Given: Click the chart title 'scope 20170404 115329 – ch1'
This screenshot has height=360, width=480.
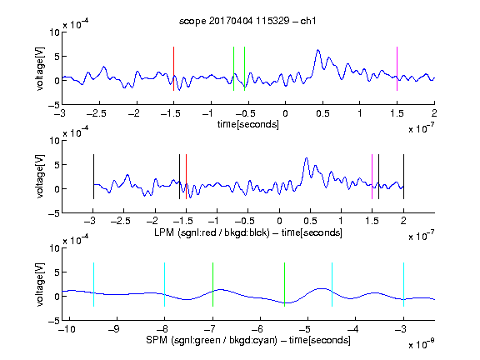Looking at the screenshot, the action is tap(247, 21).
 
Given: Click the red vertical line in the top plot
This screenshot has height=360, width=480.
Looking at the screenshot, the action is tap(173, 68).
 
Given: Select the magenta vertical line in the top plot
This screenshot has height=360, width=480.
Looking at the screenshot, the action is tap(397, 68).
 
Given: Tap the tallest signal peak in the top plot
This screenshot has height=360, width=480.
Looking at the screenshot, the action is tap(318, 50).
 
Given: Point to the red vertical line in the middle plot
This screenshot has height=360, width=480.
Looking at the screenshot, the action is tap(186, 177).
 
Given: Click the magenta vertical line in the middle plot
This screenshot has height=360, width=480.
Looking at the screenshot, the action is tap(372, 177).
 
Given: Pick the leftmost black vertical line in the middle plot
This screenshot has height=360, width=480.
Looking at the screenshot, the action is tap(93, 177).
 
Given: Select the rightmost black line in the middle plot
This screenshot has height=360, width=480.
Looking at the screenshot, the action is tap(403, 177).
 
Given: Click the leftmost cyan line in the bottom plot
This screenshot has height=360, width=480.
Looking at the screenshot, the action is tap(93, 284).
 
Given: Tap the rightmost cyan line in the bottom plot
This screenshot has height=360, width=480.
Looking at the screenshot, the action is tap(403, 284).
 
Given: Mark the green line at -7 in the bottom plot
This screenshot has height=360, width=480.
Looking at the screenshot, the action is tap(212, 284).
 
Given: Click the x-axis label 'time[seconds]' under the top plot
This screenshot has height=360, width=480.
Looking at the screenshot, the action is tap(248, 125).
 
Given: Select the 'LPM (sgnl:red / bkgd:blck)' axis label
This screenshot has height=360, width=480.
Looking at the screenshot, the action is tap(212, 232).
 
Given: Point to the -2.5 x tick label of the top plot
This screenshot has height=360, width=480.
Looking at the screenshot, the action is tap(97, 113).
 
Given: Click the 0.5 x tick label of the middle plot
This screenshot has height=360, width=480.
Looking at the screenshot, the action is tap(310, 221).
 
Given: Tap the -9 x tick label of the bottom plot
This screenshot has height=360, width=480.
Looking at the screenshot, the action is tap(114, 329).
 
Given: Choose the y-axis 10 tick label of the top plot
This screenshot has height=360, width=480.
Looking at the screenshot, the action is tap(54, 32).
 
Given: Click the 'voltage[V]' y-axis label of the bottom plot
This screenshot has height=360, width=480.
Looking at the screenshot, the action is tap(40, 284).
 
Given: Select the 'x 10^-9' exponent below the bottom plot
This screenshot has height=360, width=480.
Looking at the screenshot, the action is tap(422, 343).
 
